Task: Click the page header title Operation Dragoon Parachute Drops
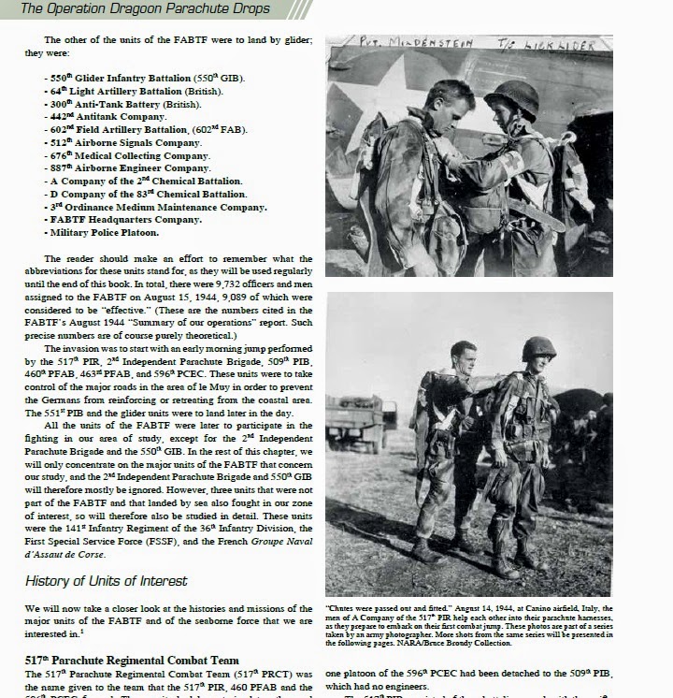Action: pyautogui.click(x=145, y=9)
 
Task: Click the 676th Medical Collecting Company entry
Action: pyautogui.click(x=130, y=155)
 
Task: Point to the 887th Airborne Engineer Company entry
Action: pyautogui.click(x=131, y=168)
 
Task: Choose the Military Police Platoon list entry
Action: pyautogui.click(x=105, y=232)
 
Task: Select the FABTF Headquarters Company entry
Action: pyautogui.click(x=125, y=220)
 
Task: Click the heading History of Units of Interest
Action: pyautogui.click(x=107, y=581)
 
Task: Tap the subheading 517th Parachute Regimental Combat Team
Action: pyautogui.click(x=125, y=660)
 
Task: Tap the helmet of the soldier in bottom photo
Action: pyautogui.click(x=538, y=348)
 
